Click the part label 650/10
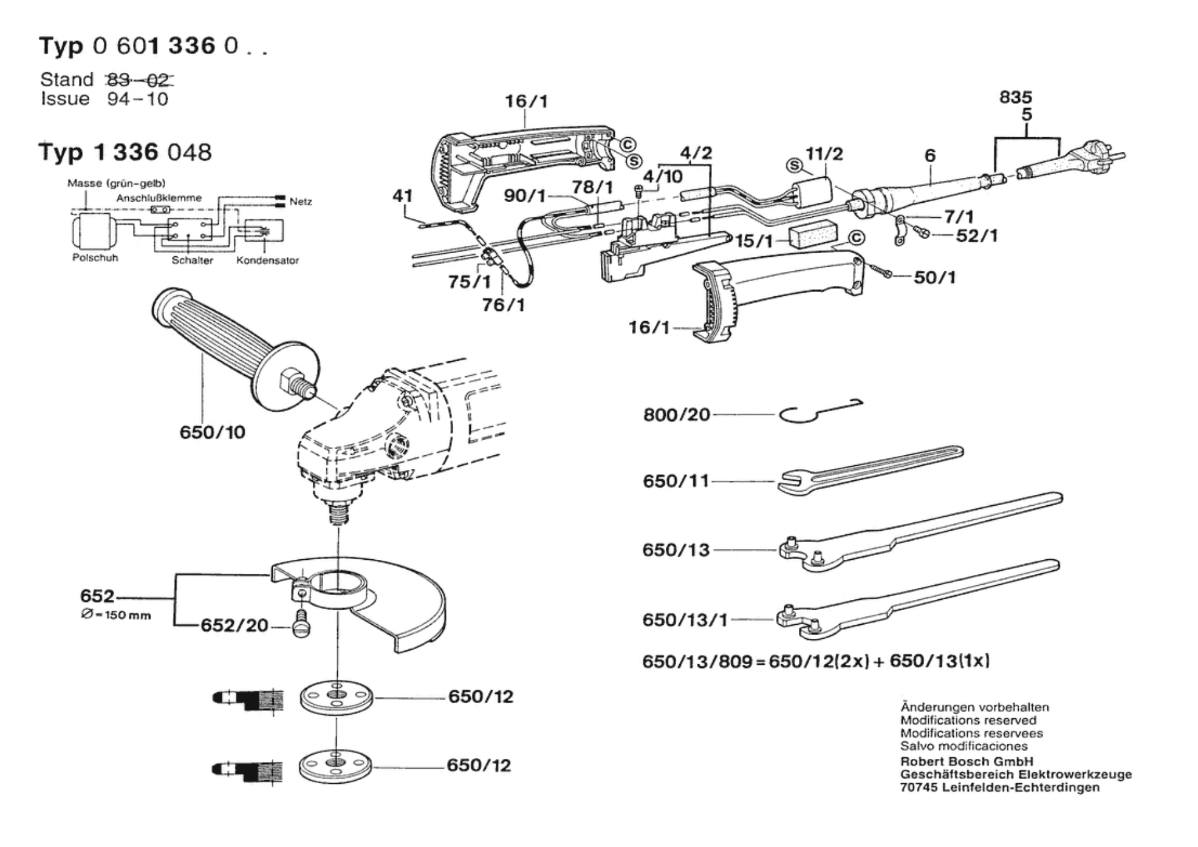point(212,432)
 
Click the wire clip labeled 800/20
point(820,411)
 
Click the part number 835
point(1015,97)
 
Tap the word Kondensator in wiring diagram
point(267,260)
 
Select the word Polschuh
point(95,257)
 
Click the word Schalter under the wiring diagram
point(192,260)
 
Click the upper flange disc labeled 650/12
point(337,697)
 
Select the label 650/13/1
point(685,621)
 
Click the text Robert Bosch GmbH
point(967,761)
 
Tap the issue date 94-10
point(137,99)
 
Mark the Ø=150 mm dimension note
point(115,615)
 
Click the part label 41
point(403,196)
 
